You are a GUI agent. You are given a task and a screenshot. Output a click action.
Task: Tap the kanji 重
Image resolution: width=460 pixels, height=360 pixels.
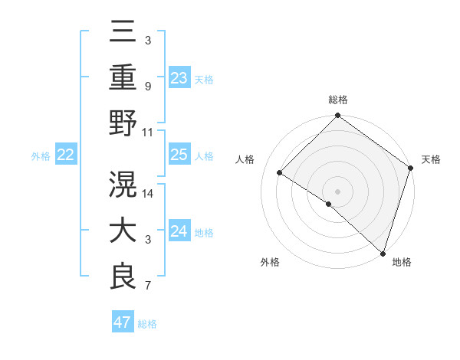pos(123,78)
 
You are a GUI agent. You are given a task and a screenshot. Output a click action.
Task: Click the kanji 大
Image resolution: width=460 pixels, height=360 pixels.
pos(123,231)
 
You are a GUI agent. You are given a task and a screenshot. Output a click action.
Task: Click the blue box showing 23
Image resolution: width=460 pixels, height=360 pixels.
pos(179,77)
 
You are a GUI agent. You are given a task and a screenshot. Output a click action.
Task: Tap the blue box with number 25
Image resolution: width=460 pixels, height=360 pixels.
pos(179,155)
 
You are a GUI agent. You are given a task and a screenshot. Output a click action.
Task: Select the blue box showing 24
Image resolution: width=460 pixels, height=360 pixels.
pos(179,231)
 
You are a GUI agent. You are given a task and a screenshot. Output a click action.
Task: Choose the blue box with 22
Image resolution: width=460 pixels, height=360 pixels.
pos(65,155)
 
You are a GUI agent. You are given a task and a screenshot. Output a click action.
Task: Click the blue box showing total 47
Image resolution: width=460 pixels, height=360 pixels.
pos(122,322)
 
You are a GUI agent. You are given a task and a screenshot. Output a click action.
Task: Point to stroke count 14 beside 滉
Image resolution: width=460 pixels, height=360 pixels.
pos(149,193)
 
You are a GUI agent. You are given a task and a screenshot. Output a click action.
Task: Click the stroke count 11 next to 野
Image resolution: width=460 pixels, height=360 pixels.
pos(148,133)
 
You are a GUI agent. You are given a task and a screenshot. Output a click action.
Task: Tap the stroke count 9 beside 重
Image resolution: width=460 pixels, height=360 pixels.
pos(148,86)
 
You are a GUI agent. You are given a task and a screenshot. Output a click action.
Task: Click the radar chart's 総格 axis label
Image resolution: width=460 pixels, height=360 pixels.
pos(338,100)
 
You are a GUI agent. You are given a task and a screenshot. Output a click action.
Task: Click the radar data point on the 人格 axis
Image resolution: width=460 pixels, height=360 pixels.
pos(281,173)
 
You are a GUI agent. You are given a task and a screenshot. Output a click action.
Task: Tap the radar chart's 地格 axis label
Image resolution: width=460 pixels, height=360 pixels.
pos(402,262)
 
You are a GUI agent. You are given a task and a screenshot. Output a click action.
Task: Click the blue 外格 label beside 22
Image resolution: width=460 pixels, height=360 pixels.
pos(41,155)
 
